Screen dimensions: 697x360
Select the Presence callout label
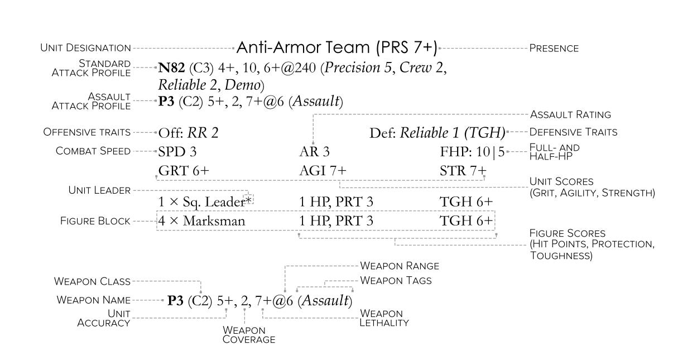pyautogui.click(x=553, y=49)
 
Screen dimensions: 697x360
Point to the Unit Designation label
pyautogui.click(x=85, y=48)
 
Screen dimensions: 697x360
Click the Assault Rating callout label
pyautogui.click(x=570, y=114)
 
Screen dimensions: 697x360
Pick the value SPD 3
pyautogui.click(x=177, y=151)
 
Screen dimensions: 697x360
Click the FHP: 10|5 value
pyautogui.click(x=472, y=151)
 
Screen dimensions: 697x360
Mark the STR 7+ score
pyautogui.click(x=463, y=171)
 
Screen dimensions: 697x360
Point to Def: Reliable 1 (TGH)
pyautogui.click(x=437, y=133)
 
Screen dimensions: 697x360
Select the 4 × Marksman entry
pyautogui.click(x=201, y=221)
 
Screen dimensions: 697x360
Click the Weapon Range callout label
pyautogui.click(x=400, y=266)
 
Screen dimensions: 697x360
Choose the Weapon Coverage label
pyautogui.click(x=248, y=334)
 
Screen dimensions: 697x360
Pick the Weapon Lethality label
pyautogui.click(x=384, y=318)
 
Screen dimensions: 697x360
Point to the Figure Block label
pyautogui.click(x=95, y=221)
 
